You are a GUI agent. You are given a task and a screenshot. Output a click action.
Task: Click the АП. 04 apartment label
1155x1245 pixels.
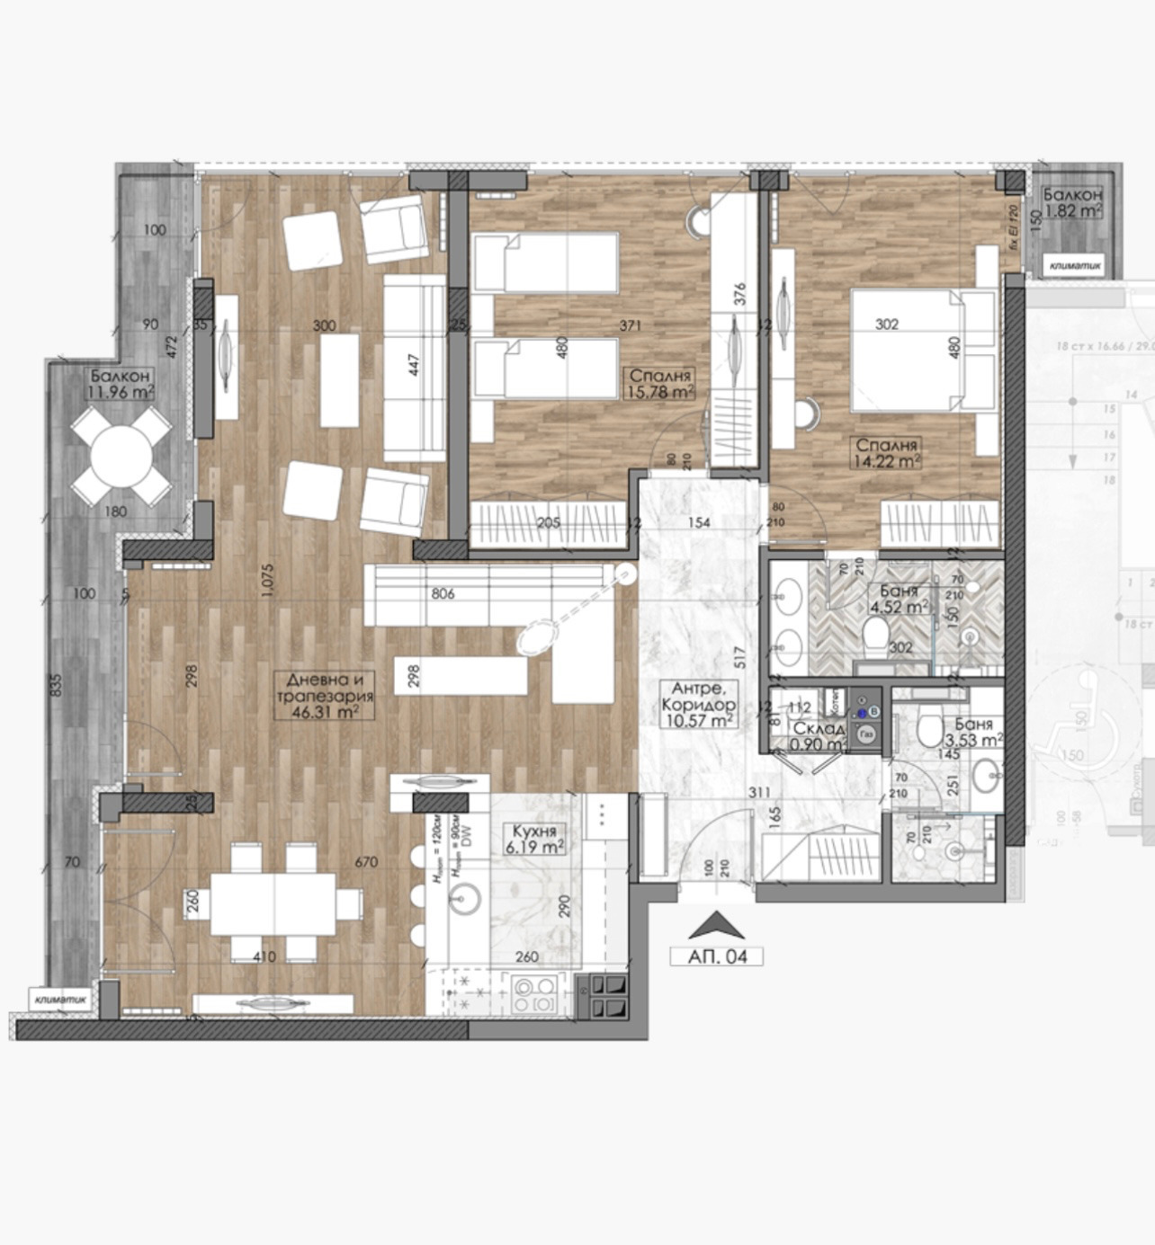(x=717, y=956)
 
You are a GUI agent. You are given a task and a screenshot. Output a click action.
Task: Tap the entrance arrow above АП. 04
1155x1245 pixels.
(x=717, y=926)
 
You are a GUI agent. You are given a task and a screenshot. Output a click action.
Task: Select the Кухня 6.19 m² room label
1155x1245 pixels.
(x=533, y=838)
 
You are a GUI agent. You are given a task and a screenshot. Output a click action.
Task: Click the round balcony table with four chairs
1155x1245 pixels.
(x=121, y=457)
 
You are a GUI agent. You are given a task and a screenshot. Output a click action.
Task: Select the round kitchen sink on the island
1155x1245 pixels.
(x=466, y=898)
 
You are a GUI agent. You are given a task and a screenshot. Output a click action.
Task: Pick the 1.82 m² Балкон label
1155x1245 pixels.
(x=1071, y=203)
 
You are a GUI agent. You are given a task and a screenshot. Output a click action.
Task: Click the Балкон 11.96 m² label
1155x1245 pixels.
(x=120, y=384)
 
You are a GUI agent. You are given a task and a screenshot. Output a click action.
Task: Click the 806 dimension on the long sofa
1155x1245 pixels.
(x=443, y=593)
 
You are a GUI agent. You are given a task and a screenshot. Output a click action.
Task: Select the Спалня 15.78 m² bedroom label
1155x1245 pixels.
(x=659, y=384)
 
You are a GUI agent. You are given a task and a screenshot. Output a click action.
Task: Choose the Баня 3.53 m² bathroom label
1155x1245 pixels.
(x=972, y=732)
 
